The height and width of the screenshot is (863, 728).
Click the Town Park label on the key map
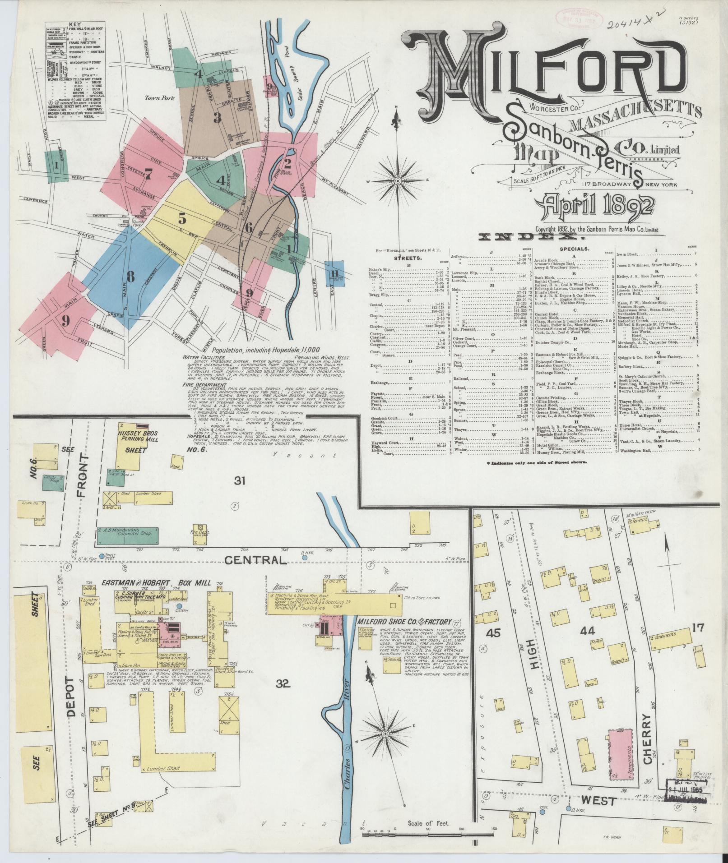pos(157,97)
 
